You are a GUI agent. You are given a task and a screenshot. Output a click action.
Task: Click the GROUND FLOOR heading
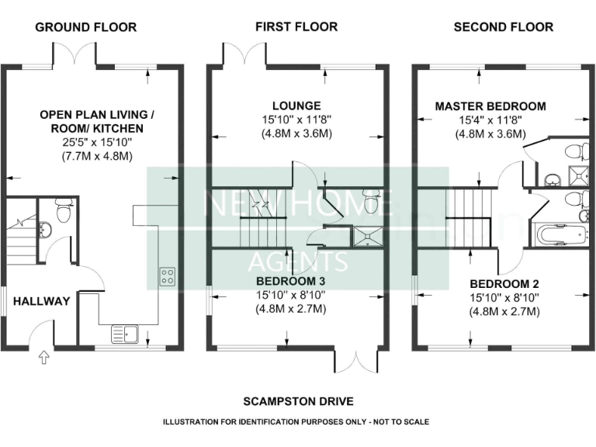85,27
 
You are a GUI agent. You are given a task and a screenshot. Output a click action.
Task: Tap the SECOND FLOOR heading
503,27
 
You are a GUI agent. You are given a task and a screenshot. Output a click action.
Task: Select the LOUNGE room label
296,106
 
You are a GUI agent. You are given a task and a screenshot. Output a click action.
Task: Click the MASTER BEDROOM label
490,106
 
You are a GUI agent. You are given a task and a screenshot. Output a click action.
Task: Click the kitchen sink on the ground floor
124,334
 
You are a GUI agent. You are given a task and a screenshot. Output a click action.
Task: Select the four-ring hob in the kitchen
167,277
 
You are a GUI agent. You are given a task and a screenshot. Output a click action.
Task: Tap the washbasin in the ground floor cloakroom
45,228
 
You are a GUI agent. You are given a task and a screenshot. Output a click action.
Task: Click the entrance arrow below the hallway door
43,358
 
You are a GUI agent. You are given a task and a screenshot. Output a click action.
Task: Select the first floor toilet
370,203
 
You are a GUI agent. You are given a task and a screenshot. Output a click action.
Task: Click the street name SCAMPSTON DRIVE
298,401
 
